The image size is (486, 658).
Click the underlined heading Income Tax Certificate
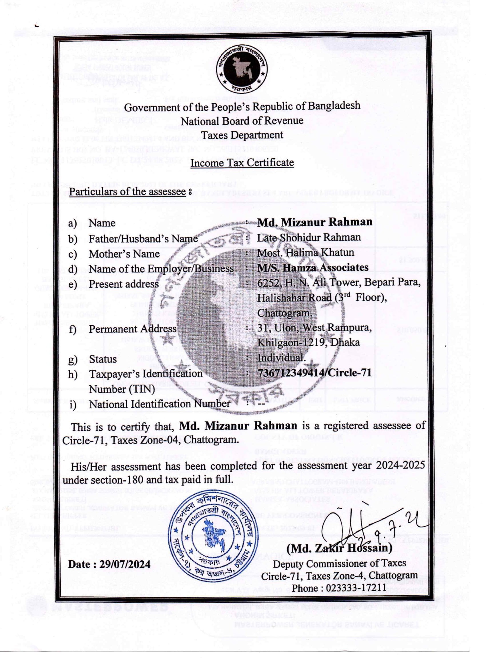click(242, 162)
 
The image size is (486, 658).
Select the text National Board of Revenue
click(242, 121)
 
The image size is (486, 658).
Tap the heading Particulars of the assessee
click(128, 192)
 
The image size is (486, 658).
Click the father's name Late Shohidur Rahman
click(308, 237)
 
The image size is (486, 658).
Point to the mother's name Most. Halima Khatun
click(305, 253)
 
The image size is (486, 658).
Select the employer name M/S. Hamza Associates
click(313, 267)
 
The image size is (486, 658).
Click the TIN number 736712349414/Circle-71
click(314, 373)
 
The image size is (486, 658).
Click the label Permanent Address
click(133, 329)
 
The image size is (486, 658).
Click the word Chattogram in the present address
click(284, 313)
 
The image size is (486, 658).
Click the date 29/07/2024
click(125, 564)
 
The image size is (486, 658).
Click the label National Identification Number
click(159, 404)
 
